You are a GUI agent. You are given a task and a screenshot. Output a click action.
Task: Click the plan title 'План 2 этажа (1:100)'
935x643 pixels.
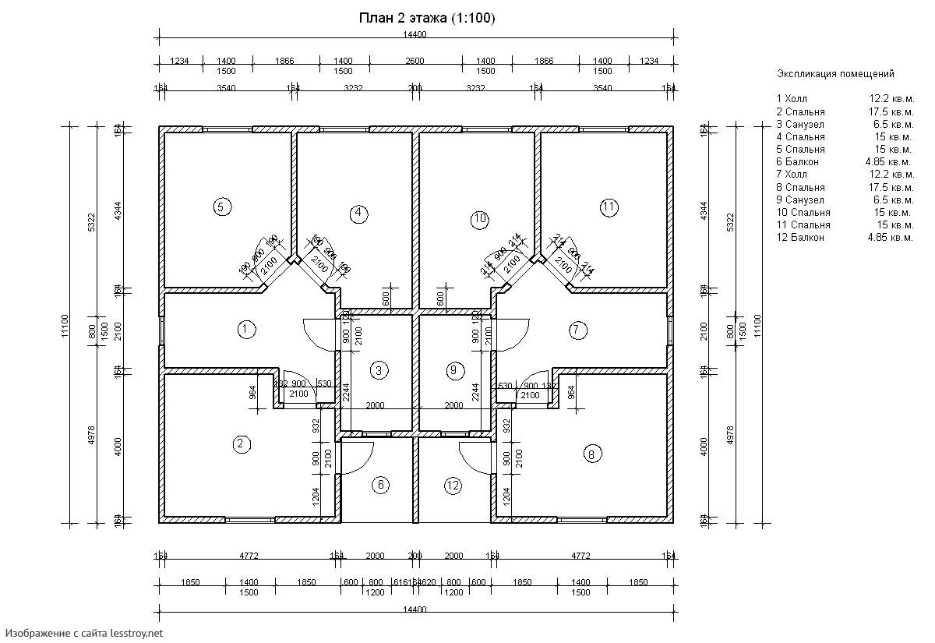click(426, 18)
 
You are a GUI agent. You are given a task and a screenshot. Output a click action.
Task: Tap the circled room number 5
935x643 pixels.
click(221, 207)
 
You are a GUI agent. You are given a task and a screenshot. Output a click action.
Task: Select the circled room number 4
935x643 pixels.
click(358, 213)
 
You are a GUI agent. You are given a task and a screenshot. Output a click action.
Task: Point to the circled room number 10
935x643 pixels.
click(479, 219)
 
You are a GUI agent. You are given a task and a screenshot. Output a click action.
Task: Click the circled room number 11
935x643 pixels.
click(609, 207)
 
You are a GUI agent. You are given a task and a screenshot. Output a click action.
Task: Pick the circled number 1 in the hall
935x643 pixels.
click(245, 329)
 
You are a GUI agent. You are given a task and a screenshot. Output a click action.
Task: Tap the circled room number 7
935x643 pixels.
click(577, 329)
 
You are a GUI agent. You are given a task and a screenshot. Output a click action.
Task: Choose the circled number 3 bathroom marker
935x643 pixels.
click(378, 370)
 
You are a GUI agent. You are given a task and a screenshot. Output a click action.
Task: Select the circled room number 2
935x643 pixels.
click(242, 444)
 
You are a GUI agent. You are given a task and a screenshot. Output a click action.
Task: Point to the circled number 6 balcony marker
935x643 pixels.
click(380, 485)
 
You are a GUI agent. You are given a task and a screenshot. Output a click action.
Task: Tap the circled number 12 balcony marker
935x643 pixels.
click(453, 485)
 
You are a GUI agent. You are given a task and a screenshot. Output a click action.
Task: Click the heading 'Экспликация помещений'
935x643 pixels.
click(835, 74)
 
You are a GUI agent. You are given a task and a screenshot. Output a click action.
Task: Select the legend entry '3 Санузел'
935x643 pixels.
click(800, 124)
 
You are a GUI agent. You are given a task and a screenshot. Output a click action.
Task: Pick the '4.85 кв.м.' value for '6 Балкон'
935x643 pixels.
click(890, 162)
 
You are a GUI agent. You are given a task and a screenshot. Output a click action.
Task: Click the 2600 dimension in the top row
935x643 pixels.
click(415, 61)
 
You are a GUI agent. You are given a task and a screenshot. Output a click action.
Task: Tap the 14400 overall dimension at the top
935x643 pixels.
click(415, 34)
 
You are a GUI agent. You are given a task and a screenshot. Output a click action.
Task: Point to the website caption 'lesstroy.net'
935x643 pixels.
click(136, 634)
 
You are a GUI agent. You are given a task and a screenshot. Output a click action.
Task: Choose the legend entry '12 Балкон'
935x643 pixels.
click(800, 237)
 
